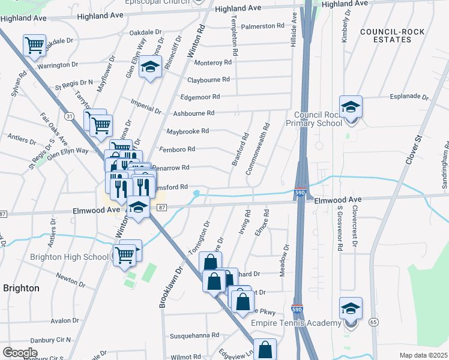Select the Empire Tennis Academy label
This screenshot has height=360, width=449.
coord(305,323)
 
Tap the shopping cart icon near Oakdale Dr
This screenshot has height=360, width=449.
coord(35,45)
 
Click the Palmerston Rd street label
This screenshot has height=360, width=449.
coord(262,26)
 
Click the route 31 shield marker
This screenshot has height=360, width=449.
coord(70,115)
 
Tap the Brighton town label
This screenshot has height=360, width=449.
coord(21,288)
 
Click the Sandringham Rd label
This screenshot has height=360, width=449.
coord(445,165)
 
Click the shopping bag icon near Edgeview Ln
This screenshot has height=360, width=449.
coord(265,350)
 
